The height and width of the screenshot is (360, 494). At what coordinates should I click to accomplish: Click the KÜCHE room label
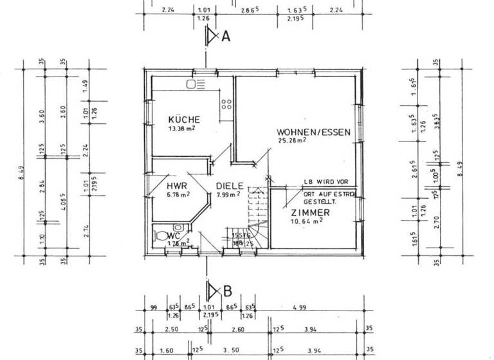coord(184,120)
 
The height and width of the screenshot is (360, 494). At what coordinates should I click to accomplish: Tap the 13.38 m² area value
coord(182,129)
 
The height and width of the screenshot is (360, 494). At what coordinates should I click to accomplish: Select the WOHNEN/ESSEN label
coord(314,132)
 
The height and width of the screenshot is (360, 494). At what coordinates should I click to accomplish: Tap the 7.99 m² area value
coord(228,194)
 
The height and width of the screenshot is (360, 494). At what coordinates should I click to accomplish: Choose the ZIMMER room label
coord(310,213)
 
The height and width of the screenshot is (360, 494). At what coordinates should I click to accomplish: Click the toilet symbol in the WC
coord(178,230)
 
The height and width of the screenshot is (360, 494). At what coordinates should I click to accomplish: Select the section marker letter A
coord(226,37)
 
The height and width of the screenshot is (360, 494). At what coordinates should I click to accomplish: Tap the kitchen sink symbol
coord(196,84)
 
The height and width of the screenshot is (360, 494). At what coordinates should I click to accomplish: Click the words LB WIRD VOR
coord(327,182)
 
